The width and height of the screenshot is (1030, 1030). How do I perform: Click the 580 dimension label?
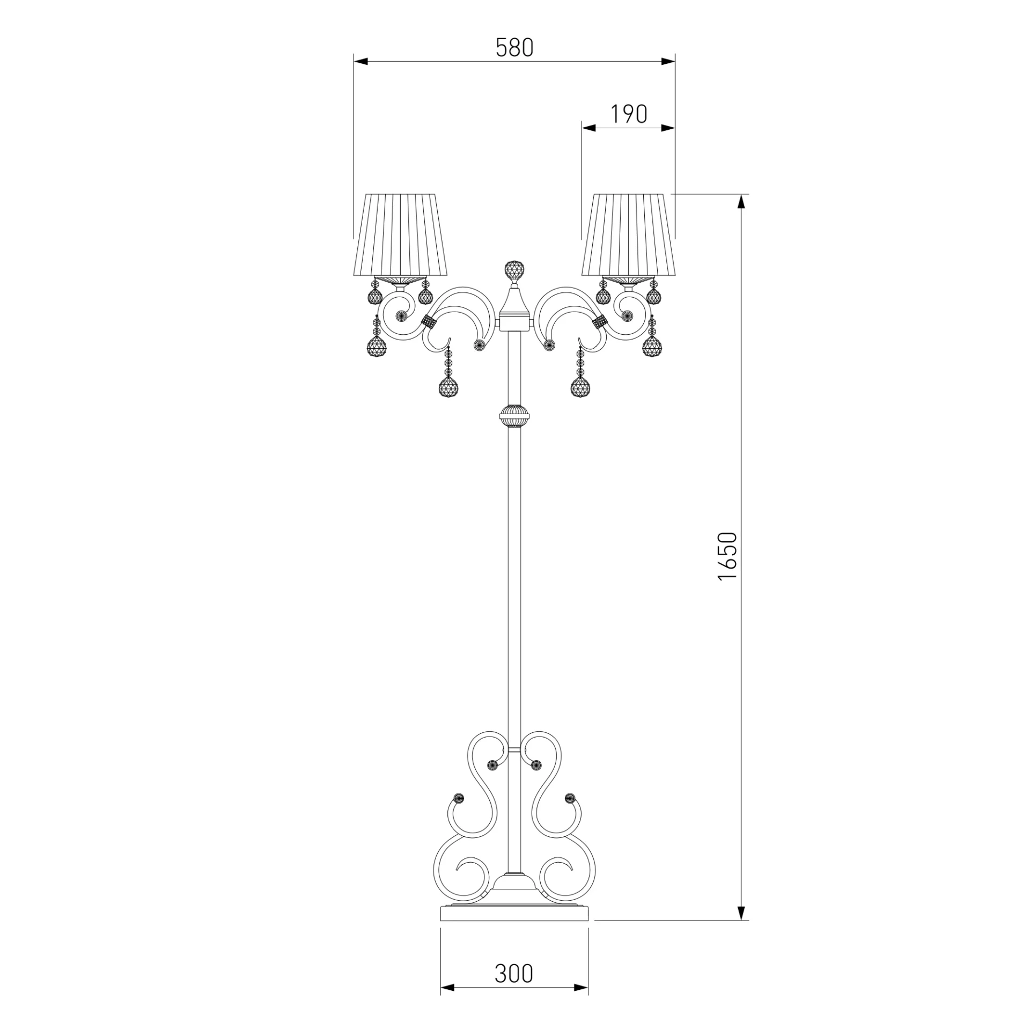point(514,48)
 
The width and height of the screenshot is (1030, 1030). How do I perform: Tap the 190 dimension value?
point(629,114)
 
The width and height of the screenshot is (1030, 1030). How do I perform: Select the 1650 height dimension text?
point(729,556)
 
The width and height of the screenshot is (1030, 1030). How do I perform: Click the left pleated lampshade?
point(400,235)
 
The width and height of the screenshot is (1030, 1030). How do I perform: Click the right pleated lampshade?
point(628,235)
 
